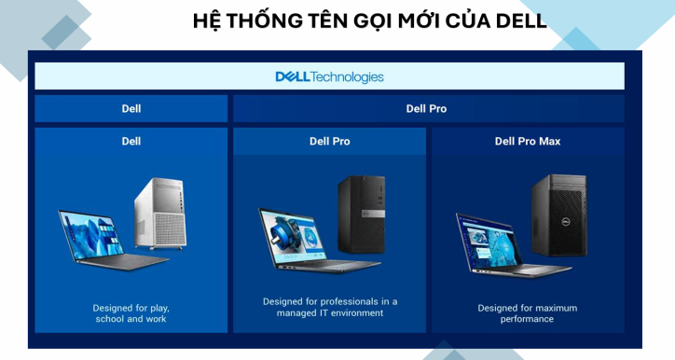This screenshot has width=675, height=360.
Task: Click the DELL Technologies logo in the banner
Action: (x=329, y=76)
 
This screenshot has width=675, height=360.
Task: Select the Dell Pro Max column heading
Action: (x=528, y=142)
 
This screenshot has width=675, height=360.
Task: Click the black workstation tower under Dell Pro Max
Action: (x=558, y=215)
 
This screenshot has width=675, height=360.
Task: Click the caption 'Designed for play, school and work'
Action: (x=131, y=313)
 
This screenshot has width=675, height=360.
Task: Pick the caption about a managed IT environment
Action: (x=330, y=307)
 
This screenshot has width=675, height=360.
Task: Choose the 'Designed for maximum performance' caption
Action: (x=528, y=313)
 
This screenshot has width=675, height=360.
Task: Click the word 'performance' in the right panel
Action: (x=528, y=319)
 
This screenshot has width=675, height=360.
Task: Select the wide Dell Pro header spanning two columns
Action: (x=427, y=108)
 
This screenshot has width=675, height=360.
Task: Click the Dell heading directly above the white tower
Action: (x=131, y=142)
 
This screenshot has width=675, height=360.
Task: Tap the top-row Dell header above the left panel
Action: (x=131, y=108)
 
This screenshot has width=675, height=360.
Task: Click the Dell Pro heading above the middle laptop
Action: (x=330, y=142)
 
